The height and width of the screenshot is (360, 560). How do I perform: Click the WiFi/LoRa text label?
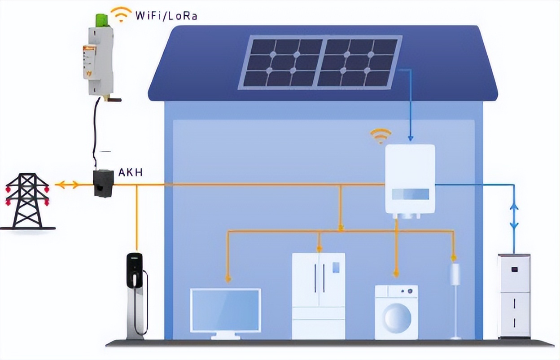coord(166,16)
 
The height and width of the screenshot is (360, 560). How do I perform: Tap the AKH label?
coord(131,172)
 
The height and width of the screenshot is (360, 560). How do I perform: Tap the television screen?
coord(225,310)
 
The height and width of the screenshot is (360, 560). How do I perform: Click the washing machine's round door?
coord(397,317)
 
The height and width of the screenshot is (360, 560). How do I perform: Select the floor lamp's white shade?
coord(455,274)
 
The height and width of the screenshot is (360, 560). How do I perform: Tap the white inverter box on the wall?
coord(410,179)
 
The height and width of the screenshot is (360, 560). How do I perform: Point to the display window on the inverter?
coord(410,194)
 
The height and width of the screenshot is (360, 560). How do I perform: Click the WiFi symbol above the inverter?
coord(380,135)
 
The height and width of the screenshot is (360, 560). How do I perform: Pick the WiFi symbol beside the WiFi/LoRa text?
coord(122,14)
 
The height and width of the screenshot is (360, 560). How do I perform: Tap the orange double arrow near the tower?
coord(66,184)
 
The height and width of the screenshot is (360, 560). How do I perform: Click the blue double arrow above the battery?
coord(514,215)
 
